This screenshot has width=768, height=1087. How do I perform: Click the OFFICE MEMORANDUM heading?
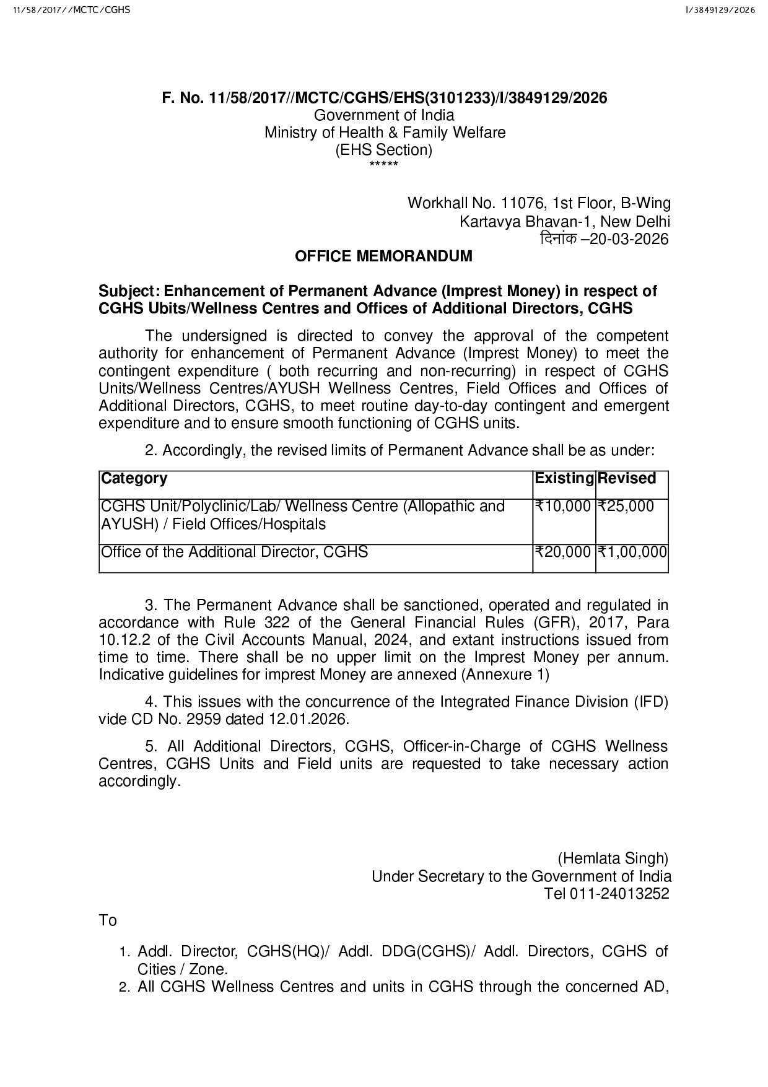[x=383, y=256]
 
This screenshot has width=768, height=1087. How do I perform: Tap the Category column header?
[x=134, y=479]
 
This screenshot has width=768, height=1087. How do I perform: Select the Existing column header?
[x=564, y=479]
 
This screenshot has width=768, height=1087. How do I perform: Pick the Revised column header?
[x=627, y=479]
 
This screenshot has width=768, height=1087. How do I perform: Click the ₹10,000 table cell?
[x=563, y=507]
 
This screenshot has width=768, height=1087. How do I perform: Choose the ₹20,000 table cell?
[x=563, y=552]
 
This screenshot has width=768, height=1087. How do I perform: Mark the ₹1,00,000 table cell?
[x=632, y=552]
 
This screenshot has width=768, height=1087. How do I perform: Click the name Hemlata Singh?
[x=613, y=858]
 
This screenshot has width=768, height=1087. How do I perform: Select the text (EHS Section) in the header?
[x=383, y=150]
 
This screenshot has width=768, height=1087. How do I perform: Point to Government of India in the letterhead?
[x=384, y=115]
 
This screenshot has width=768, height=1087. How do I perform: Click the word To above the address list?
[x=108, y=921]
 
